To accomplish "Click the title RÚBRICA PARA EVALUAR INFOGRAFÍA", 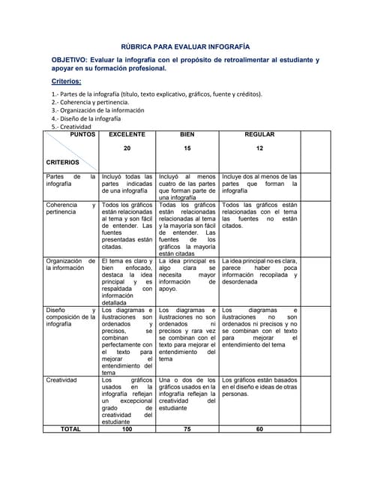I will pos(185,45).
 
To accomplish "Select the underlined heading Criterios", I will pos(66,81).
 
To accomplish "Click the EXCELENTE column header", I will pos(127,134).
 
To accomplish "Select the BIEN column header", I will pos(187,134).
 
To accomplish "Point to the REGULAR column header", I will pos(259,134).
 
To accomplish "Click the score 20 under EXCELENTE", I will pos(127,148).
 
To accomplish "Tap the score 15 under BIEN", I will pos(187,148).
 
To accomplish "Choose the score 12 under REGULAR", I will pos(259,148).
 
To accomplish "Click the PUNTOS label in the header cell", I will pos(82,134).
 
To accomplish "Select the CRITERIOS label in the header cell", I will pos(63,162).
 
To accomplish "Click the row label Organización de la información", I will pos(70,265).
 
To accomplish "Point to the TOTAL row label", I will pos(70,429).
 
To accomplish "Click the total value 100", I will pos(127,429).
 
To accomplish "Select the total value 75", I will pos(187,429).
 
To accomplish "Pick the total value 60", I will pos(259,429).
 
